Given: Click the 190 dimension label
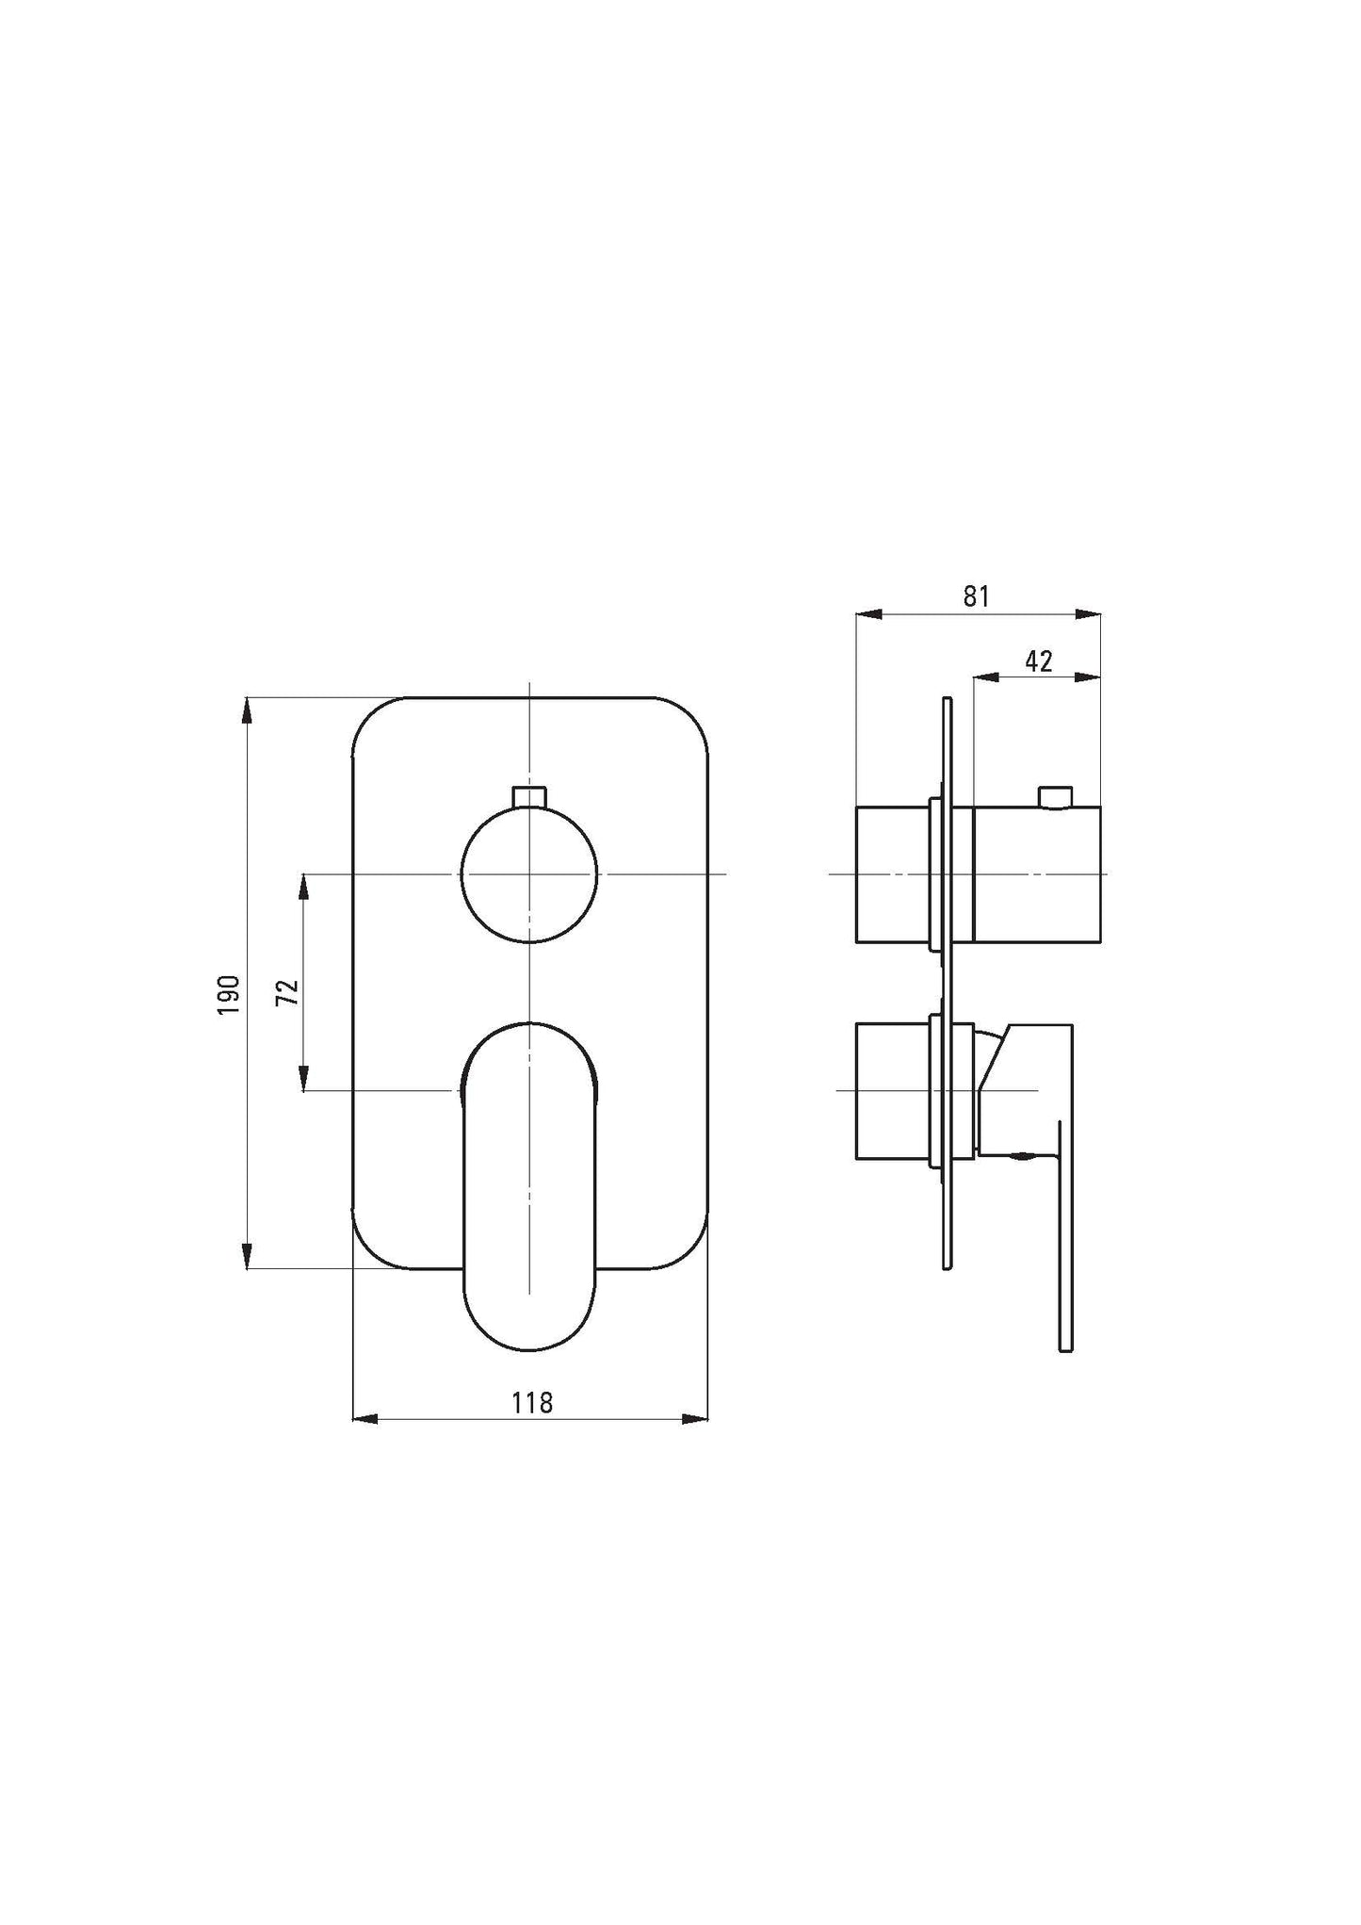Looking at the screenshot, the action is [x=230, y=995].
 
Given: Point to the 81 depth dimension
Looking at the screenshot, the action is [x=977, y=596].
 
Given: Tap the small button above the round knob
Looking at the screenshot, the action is [x=529, y=796].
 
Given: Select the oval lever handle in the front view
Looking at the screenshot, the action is [x=529, y=1189].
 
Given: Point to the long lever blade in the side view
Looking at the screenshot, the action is [x=1065, y=1236].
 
